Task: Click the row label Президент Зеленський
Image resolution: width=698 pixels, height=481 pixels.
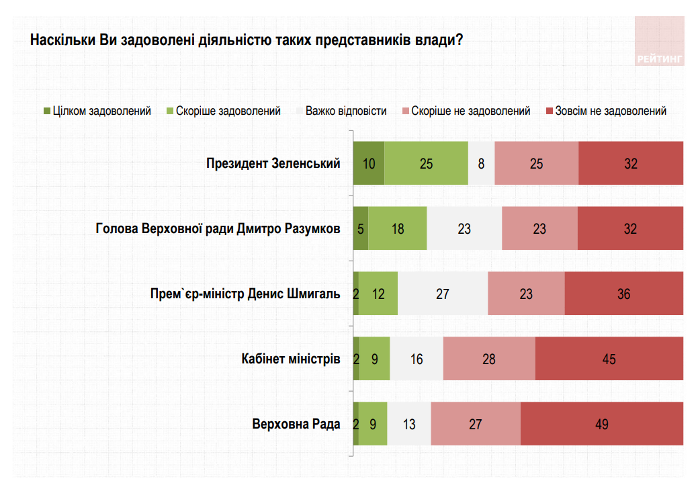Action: [273, 163]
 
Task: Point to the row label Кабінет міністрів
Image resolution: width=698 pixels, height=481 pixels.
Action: [291, 359]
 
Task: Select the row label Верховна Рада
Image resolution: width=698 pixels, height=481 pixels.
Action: [296, 424]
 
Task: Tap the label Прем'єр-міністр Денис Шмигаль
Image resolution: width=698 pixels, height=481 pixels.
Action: [245, 294]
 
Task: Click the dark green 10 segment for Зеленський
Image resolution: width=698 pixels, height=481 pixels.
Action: [369, 163]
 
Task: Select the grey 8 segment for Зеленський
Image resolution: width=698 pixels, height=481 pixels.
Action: [481, 163]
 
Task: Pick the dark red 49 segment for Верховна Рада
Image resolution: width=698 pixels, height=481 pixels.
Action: [601, 424]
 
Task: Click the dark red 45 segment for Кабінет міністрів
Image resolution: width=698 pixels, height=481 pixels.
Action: [609, 359]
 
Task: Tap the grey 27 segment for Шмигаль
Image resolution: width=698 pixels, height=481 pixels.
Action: [442, 294]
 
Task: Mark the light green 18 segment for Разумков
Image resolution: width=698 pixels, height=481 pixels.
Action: [397, 228]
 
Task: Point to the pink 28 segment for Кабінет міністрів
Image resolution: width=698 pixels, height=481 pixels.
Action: [488, 359]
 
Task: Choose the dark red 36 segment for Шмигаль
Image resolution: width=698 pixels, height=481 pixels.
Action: [623, 294]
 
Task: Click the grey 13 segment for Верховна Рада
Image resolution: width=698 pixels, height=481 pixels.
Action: [409, 424]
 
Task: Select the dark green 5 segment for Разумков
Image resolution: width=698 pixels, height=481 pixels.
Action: [361, 228]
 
